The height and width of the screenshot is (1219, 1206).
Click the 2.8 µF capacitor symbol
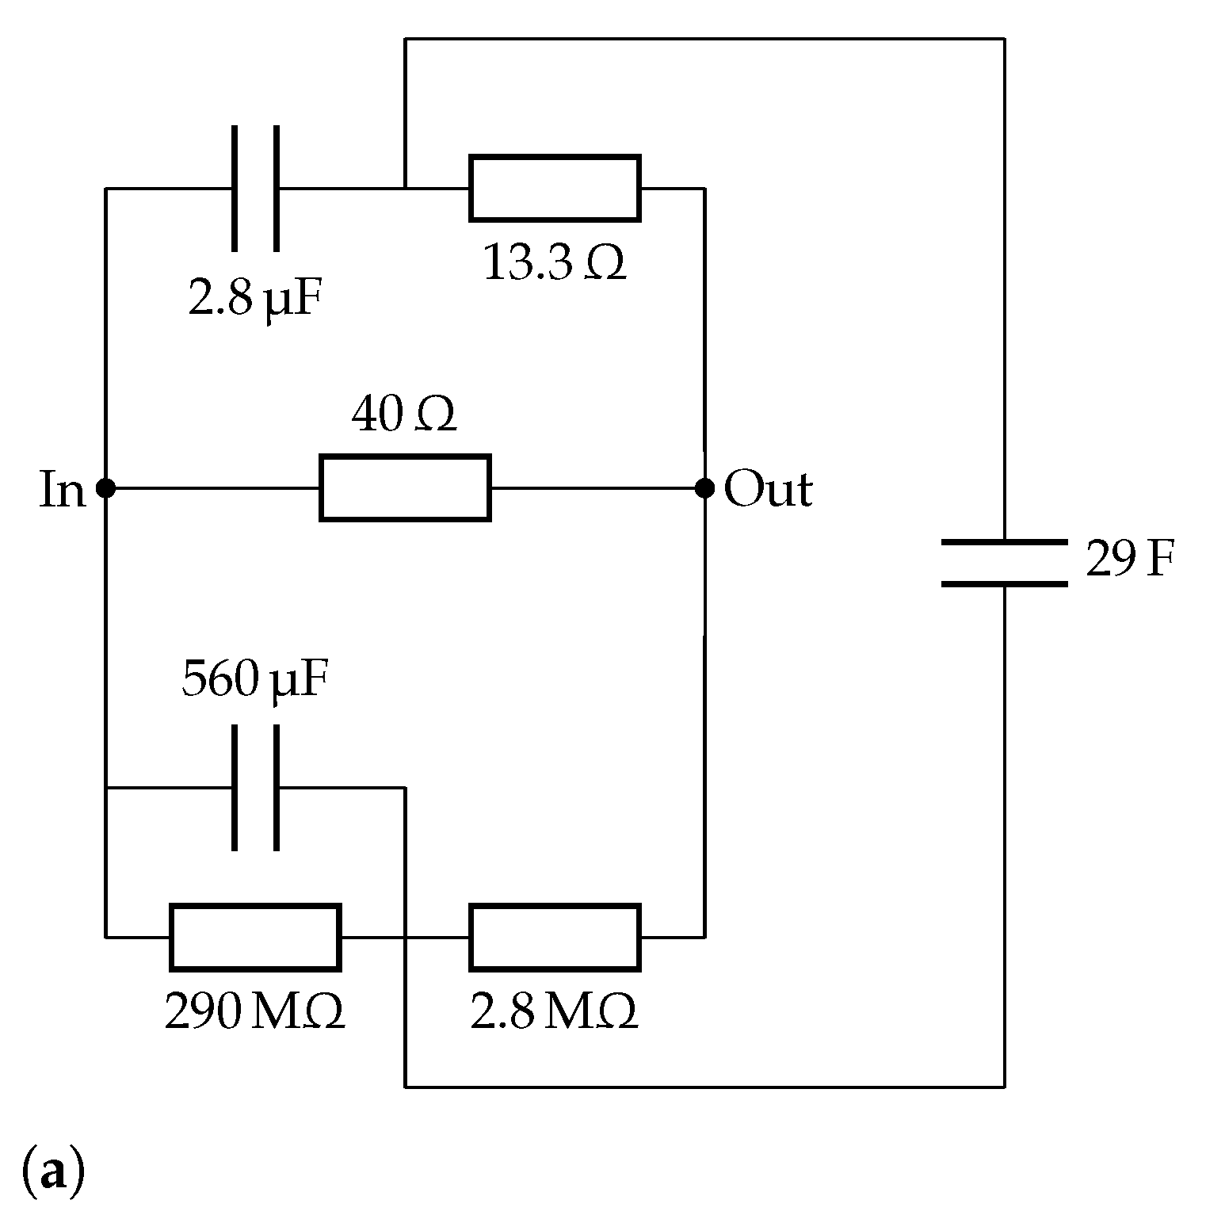click(255, 189)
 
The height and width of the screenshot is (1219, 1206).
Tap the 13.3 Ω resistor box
click(555, 189)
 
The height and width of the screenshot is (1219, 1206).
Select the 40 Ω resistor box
click(405, 488)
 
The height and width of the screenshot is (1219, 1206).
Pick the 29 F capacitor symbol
click(1005, 564)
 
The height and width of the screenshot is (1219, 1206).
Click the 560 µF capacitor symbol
click(255, 788)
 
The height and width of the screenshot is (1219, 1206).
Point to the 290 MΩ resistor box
click(255, 937)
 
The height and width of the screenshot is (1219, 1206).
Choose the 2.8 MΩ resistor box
click(555, 937)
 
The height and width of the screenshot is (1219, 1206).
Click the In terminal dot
click(105, 488)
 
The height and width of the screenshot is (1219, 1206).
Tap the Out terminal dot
click(704, 488)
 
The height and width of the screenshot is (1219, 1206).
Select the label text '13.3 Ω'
click(555, 264)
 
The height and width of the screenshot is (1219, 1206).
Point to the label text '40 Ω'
click(404, 415)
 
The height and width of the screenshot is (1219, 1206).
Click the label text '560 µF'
click(255, 680)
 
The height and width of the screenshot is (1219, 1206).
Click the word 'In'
click(62, 490)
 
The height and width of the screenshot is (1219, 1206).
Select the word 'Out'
click(768, 490)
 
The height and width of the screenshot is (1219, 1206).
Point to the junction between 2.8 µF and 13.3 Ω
click(405, 189)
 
